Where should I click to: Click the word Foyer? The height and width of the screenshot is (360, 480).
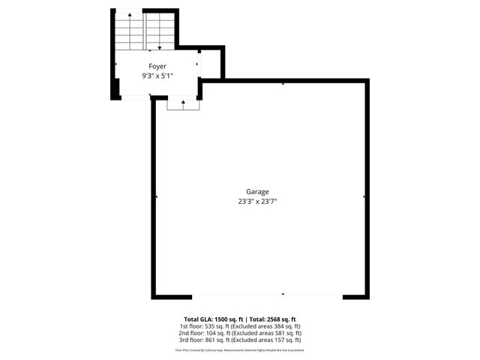(157, 66)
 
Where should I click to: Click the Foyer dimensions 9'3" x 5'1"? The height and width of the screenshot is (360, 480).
(157, 76)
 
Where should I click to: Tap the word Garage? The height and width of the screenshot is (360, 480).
(257, 191)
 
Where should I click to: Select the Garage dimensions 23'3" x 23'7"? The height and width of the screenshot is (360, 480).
(257, 201)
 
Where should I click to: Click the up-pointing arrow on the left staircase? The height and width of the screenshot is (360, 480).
(130, 15)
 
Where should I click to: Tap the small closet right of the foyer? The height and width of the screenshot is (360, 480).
(211, 64)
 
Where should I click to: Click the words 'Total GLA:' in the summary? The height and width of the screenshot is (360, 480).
(198, 319)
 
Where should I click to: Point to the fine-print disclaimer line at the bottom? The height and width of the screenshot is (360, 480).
(240, 349)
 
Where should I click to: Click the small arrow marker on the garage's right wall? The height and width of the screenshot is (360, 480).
(364, 196)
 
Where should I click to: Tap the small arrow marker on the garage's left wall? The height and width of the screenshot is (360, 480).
(156, 196)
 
